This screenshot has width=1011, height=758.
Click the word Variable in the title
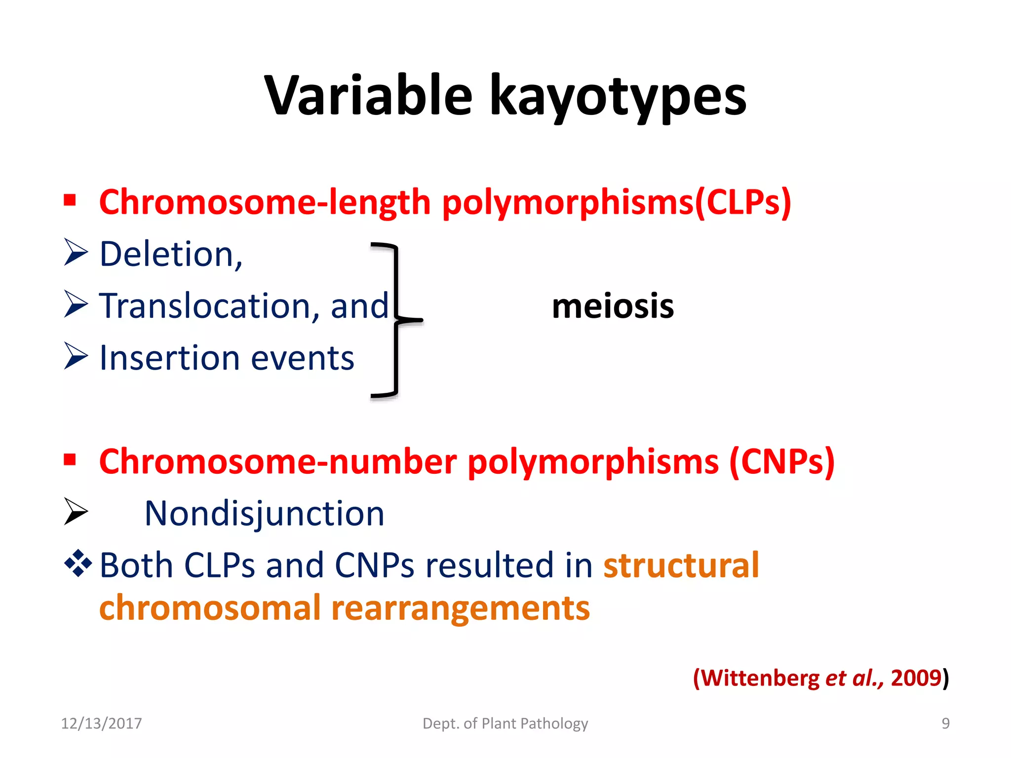tap(368, 96)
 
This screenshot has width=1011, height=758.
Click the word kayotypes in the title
tap(618, 96)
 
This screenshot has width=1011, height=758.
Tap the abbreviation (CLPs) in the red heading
tap(743, 202)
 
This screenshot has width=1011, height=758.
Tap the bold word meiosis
tap(613, 306)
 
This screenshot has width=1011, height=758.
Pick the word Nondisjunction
tap(264, 514)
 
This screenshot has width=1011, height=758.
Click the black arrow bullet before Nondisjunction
tap(76, 511)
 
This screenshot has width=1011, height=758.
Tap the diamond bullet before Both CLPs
tap(78, 563)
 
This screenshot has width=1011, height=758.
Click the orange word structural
tap(681, 566)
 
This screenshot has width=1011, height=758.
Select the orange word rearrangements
tap(460, 608)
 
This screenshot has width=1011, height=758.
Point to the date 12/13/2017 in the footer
tap(101, 723)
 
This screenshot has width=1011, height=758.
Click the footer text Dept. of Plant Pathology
tap(505, 723)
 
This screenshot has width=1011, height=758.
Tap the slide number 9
tap(945, 723)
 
